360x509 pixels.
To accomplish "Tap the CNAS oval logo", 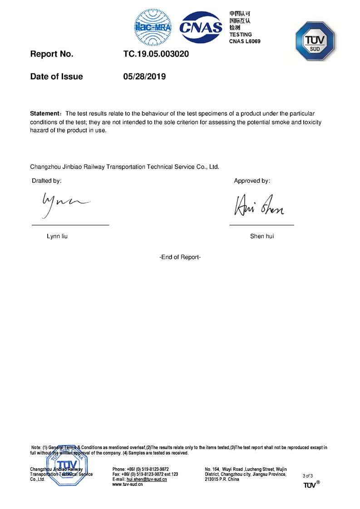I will click(x=201, y=27).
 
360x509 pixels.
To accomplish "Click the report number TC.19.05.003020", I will click(x=156, y=54).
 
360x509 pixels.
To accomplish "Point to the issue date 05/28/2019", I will click(x=144, y=77).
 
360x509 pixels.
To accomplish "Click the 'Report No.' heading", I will click(x=52, y=54).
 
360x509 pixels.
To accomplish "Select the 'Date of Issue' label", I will click(x=57, y=77).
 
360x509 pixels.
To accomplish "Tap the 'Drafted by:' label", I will click(x=46, y=181).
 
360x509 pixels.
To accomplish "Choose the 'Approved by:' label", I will click(x=252, y=181).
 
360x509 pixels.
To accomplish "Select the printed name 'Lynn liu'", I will click(x=57, y=236).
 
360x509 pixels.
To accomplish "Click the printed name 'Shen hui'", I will click(x=262, y=236).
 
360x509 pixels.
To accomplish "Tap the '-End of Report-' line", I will click(x=180, y=257).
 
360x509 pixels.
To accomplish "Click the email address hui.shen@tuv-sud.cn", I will click(x=147, y=479).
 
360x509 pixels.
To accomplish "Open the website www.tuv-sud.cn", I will click(x=128, y=484).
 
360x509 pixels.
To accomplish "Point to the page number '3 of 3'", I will click(x=307, y=476).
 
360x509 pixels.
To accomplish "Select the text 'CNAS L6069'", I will click(x=245, y=41).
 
